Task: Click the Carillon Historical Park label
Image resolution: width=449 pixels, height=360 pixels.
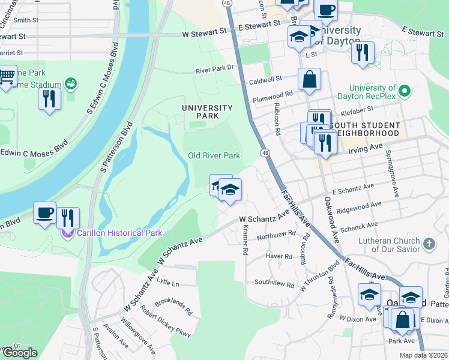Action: click(118, 233)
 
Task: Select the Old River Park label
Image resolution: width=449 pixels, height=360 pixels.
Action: click(214, 155)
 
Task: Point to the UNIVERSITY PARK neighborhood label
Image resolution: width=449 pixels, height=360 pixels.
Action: click(207, 112)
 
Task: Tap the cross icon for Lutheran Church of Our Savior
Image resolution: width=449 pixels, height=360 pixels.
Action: click(429, 244)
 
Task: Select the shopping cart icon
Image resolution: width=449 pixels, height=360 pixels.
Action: click(7, 76)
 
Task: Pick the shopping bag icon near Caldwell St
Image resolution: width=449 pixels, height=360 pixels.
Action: click(309, 79)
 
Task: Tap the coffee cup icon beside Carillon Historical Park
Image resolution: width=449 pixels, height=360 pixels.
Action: click(45, 213)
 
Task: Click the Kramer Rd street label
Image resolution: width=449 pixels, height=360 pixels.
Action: click(245, 242)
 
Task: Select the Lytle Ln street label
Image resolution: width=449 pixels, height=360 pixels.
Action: click(167, 282)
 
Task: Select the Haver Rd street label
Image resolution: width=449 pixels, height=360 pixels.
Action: click(279, 257)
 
